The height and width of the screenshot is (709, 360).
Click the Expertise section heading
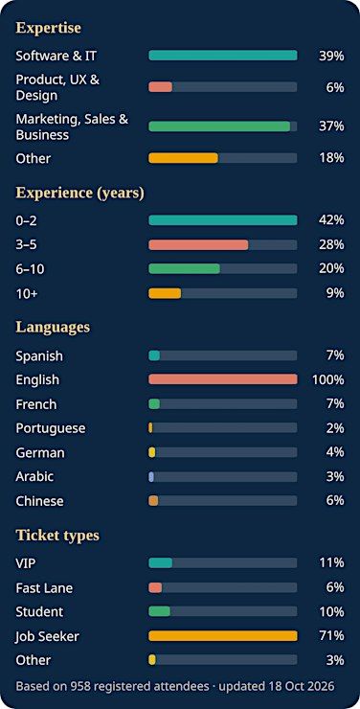(48, 28)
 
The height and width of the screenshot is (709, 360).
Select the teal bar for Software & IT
(223, 56)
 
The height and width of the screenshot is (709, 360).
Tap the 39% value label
(331, 56)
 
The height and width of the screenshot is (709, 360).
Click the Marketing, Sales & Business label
(72, 127)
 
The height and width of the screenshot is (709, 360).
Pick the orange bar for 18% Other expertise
(183, 158)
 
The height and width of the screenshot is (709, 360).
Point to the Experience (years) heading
(80, 194)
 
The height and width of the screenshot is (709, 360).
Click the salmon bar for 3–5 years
(198, 244)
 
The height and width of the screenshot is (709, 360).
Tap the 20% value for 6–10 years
(331, 268)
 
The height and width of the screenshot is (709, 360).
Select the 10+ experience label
(27, 293)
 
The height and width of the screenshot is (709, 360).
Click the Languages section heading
(53, 327)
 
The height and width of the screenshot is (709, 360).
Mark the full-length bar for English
(223, 378)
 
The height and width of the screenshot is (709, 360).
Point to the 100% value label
(328, 379)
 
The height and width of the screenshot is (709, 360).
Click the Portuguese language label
(51, 427)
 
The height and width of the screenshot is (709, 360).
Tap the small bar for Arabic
(151, 476)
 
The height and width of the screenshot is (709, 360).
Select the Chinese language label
(40, 501)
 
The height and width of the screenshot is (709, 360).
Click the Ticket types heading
(57, 536)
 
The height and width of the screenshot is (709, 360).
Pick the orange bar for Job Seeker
(223, 636)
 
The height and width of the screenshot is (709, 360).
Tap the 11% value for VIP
(331, 563)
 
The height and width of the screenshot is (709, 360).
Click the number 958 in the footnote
(79, 686)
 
